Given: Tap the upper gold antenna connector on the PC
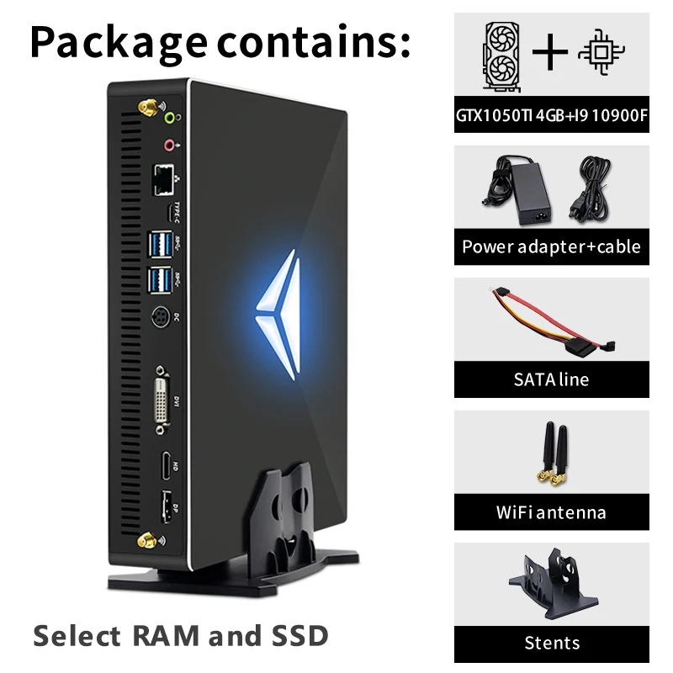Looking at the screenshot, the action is pyautogui.click(x=145, y=109).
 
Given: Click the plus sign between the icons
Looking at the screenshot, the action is pyautogui.click(x=551, y=52).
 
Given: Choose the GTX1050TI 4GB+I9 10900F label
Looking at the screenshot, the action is pyautogui.click(x=552, y=115).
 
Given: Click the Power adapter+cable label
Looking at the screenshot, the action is pyautogui.click(x=552, y=246).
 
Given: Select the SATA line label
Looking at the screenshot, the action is pyautogui.click(x=552, y=379).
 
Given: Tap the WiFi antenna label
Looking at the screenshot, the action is pyautogui.click(x=552, y=511).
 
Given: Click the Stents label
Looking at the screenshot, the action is pyautogui.click(x=552, y=644).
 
